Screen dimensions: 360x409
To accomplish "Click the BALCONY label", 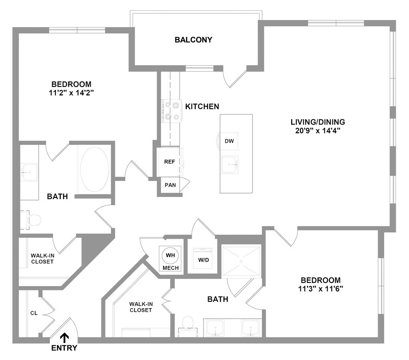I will [x=193, y=40].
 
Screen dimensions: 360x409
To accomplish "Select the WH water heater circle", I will [x=171, y=255].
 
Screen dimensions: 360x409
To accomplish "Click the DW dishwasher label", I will [x=229, y=141].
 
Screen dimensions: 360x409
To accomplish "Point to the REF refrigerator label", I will [x=170, y=162].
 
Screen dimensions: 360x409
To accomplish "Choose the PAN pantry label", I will [x=170, y=185].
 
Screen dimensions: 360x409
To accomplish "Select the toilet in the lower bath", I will [x=187, y=322].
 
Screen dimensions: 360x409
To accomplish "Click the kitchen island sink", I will [x=230, y=163].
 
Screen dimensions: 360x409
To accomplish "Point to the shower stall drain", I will [x=241, y=261].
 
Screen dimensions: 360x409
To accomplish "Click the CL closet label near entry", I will [x=34, y=313].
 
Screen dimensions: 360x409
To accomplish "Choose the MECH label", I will [x=171, y=268].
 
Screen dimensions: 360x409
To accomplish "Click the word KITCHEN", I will [x=202, y=106].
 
